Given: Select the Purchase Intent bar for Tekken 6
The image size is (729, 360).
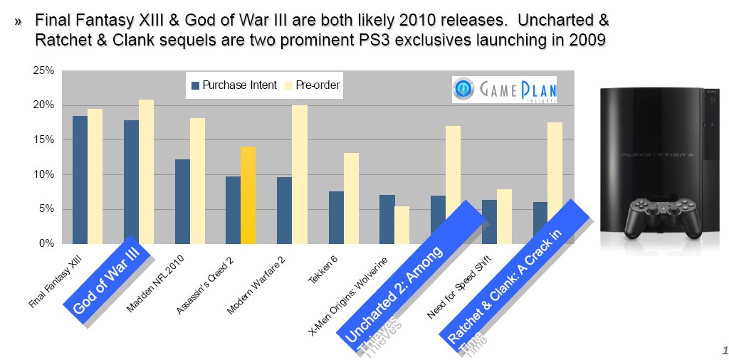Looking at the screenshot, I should click(x=336, y=217).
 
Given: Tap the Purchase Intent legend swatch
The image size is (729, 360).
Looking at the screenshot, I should click(x=195, y=86).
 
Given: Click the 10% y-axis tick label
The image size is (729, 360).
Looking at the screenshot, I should click(x=44, y=174).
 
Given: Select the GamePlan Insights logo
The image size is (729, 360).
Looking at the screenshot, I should click(x=504, y=90).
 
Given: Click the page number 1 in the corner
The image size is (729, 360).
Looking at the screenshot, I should click(x=724, y=350).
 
